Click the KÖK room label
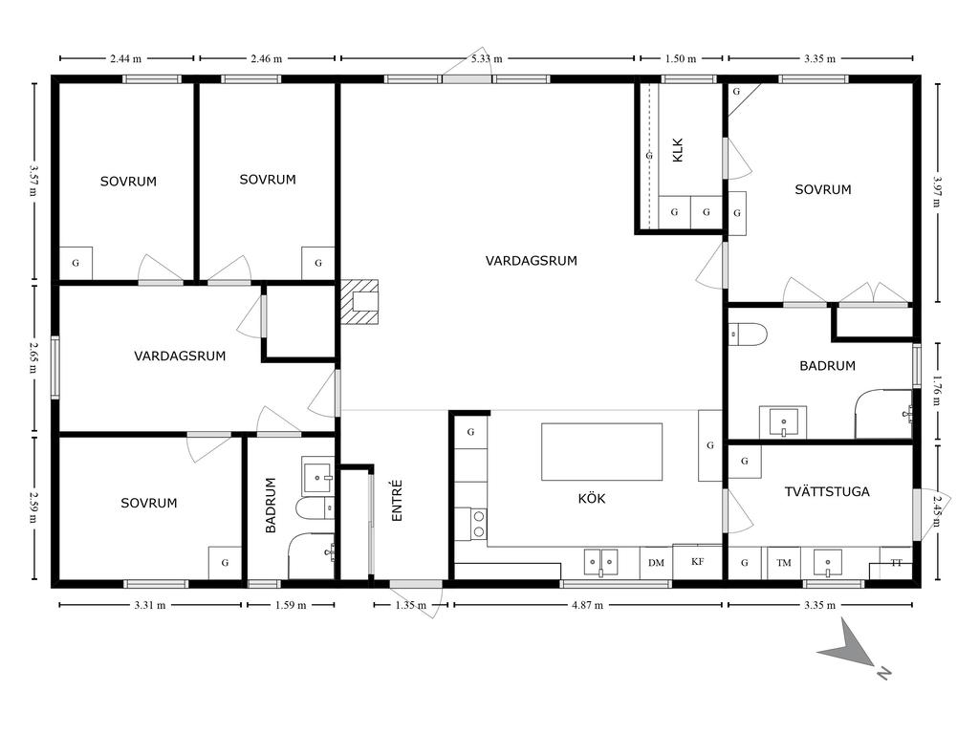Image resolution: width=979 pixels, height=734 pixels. coord(591,498)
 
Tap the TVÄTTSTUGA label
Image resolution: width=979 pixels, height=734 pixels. coord(827,491)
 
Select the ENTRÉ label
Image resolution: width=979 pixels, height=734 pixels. coord(397,500)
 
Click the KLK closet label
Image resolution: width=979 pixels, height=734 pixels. coord(678,150)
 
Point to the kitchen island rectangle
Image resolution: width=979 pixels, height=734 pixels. coord(602,451)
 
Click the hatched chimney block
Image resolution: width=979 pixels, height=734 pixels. coord(359,302)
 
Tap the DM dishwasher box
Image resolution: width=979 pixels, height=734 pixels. coord(656,563)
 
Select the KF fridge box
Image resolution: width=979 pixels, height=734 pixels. coord(697,562)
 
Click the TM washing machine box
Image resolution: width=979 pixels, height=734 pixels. coord(784,563)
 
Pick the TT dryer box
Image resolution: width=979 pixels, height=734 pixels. coord(896,564)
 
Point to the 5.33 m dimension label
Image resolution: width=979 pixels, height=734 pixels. coord(487,58)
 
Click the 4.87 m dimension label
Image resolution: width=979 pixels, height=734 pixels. coord(588,605)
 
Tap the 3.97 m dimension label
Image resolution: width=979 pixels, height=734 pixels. coord(937,192)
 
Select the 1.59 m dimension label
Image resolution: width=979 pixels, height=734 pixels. coord(291,605)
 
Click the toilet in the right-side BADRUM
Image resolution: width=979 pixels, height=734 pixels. coord(748,335)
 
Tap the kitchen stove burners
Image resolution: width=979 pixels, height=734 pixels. coord(479,525)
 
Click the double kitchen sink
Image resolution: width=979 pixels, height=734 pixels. coord(600,562)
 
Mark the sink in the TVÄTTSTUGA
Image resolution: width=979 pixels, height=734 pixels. coord(828,562)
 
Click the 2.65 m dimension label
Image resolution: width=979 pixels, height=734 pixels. coord(32,357)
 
